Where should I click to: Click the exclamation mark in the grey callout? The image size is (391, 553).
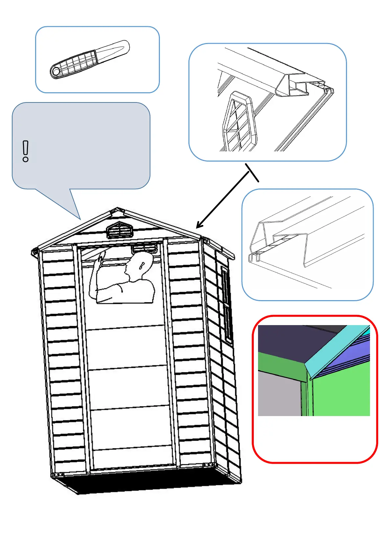[x=26, y=151]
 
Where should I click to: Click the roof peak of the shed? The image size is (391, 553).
[x=118, y=209]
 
